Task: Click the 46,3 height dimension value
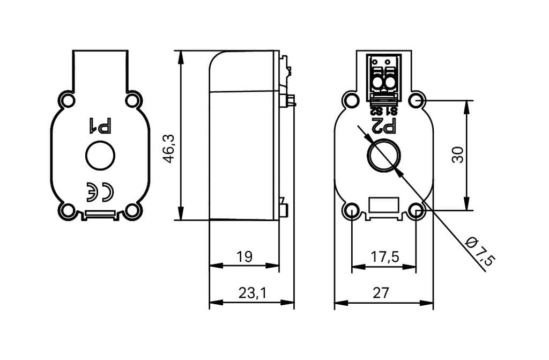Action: tap(170, 149)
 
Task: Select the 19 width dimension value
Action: tap(244, 257)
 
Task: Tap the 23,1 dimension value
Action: tap(252, 293)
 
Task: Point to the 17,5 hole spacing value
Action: tap(385, 257)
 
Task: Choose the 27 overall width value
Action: tap(381, 293)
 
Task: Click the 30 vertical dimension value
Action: tap(458, 155)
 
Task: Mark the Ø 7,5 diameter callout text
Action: tap(480, 250)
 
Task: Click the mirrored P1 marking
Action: tap(100, 126)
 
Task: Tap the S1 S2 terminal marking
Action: tap(384, 112)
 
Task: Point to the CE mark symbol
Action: tap(100, 192)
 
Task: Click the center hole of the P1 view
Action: tap(100, 155)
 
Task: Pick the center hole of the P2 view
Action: tap(384, 155)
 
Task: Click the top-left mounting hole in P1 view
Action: tap(68, 101)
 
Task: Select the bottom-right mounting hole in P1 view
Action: tap(132, 211)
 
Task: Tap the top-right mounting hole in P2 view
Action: tap(417, 101)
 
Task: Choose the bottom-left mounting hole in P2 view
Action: tap(352, 210)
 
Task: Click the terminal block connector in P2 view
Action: tap(384, 80)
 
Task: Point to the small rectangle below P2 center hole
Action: tap(384, 204)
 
